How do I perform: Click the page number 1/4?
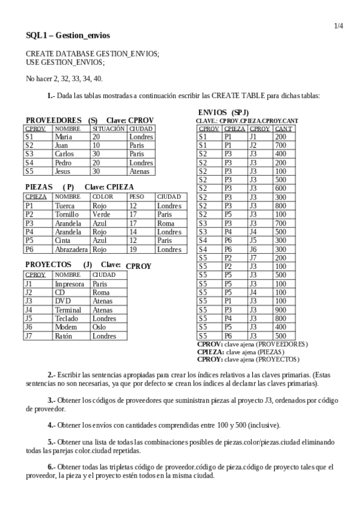coord(338,26)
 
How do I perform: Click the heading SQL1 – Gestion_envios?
coord(67,36)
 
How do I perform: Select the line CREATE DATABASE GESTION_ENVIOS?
coord(93,54)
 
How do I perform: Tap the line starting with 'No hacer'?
coord(64,79)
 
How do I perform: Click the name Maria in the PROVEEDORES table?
coord(63,137)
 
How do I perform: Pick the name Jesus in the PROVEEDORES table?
coord(63,171)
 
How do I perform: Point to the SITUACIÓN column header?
coord(108,128)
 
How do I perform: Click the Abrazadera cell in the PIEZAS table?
coord(71,249)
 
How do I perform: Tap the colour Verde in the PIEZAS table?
coord(101,214)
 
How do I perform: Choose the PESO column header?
coord(136,197)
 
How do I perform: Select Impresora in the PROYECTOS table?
coord(69,284)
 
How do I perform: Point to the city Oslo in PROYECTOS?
coord(99,327)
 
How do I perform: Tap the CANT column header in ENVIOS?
coord(283,128)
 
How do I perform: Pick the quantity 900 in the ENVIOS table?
coord(281,310)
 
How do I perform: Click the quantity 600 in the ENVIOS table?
coord(281,188)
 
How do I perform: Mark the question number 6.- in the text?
coord(51,466)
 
